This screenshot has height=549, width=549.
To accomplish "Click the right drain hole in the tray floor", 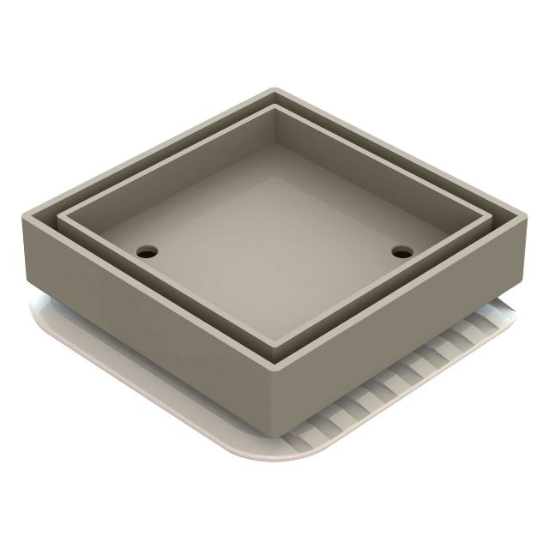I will (x=401, y=252).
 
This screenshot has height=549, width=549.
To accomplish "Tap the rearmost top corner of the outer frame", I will (x=274, y=89).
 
